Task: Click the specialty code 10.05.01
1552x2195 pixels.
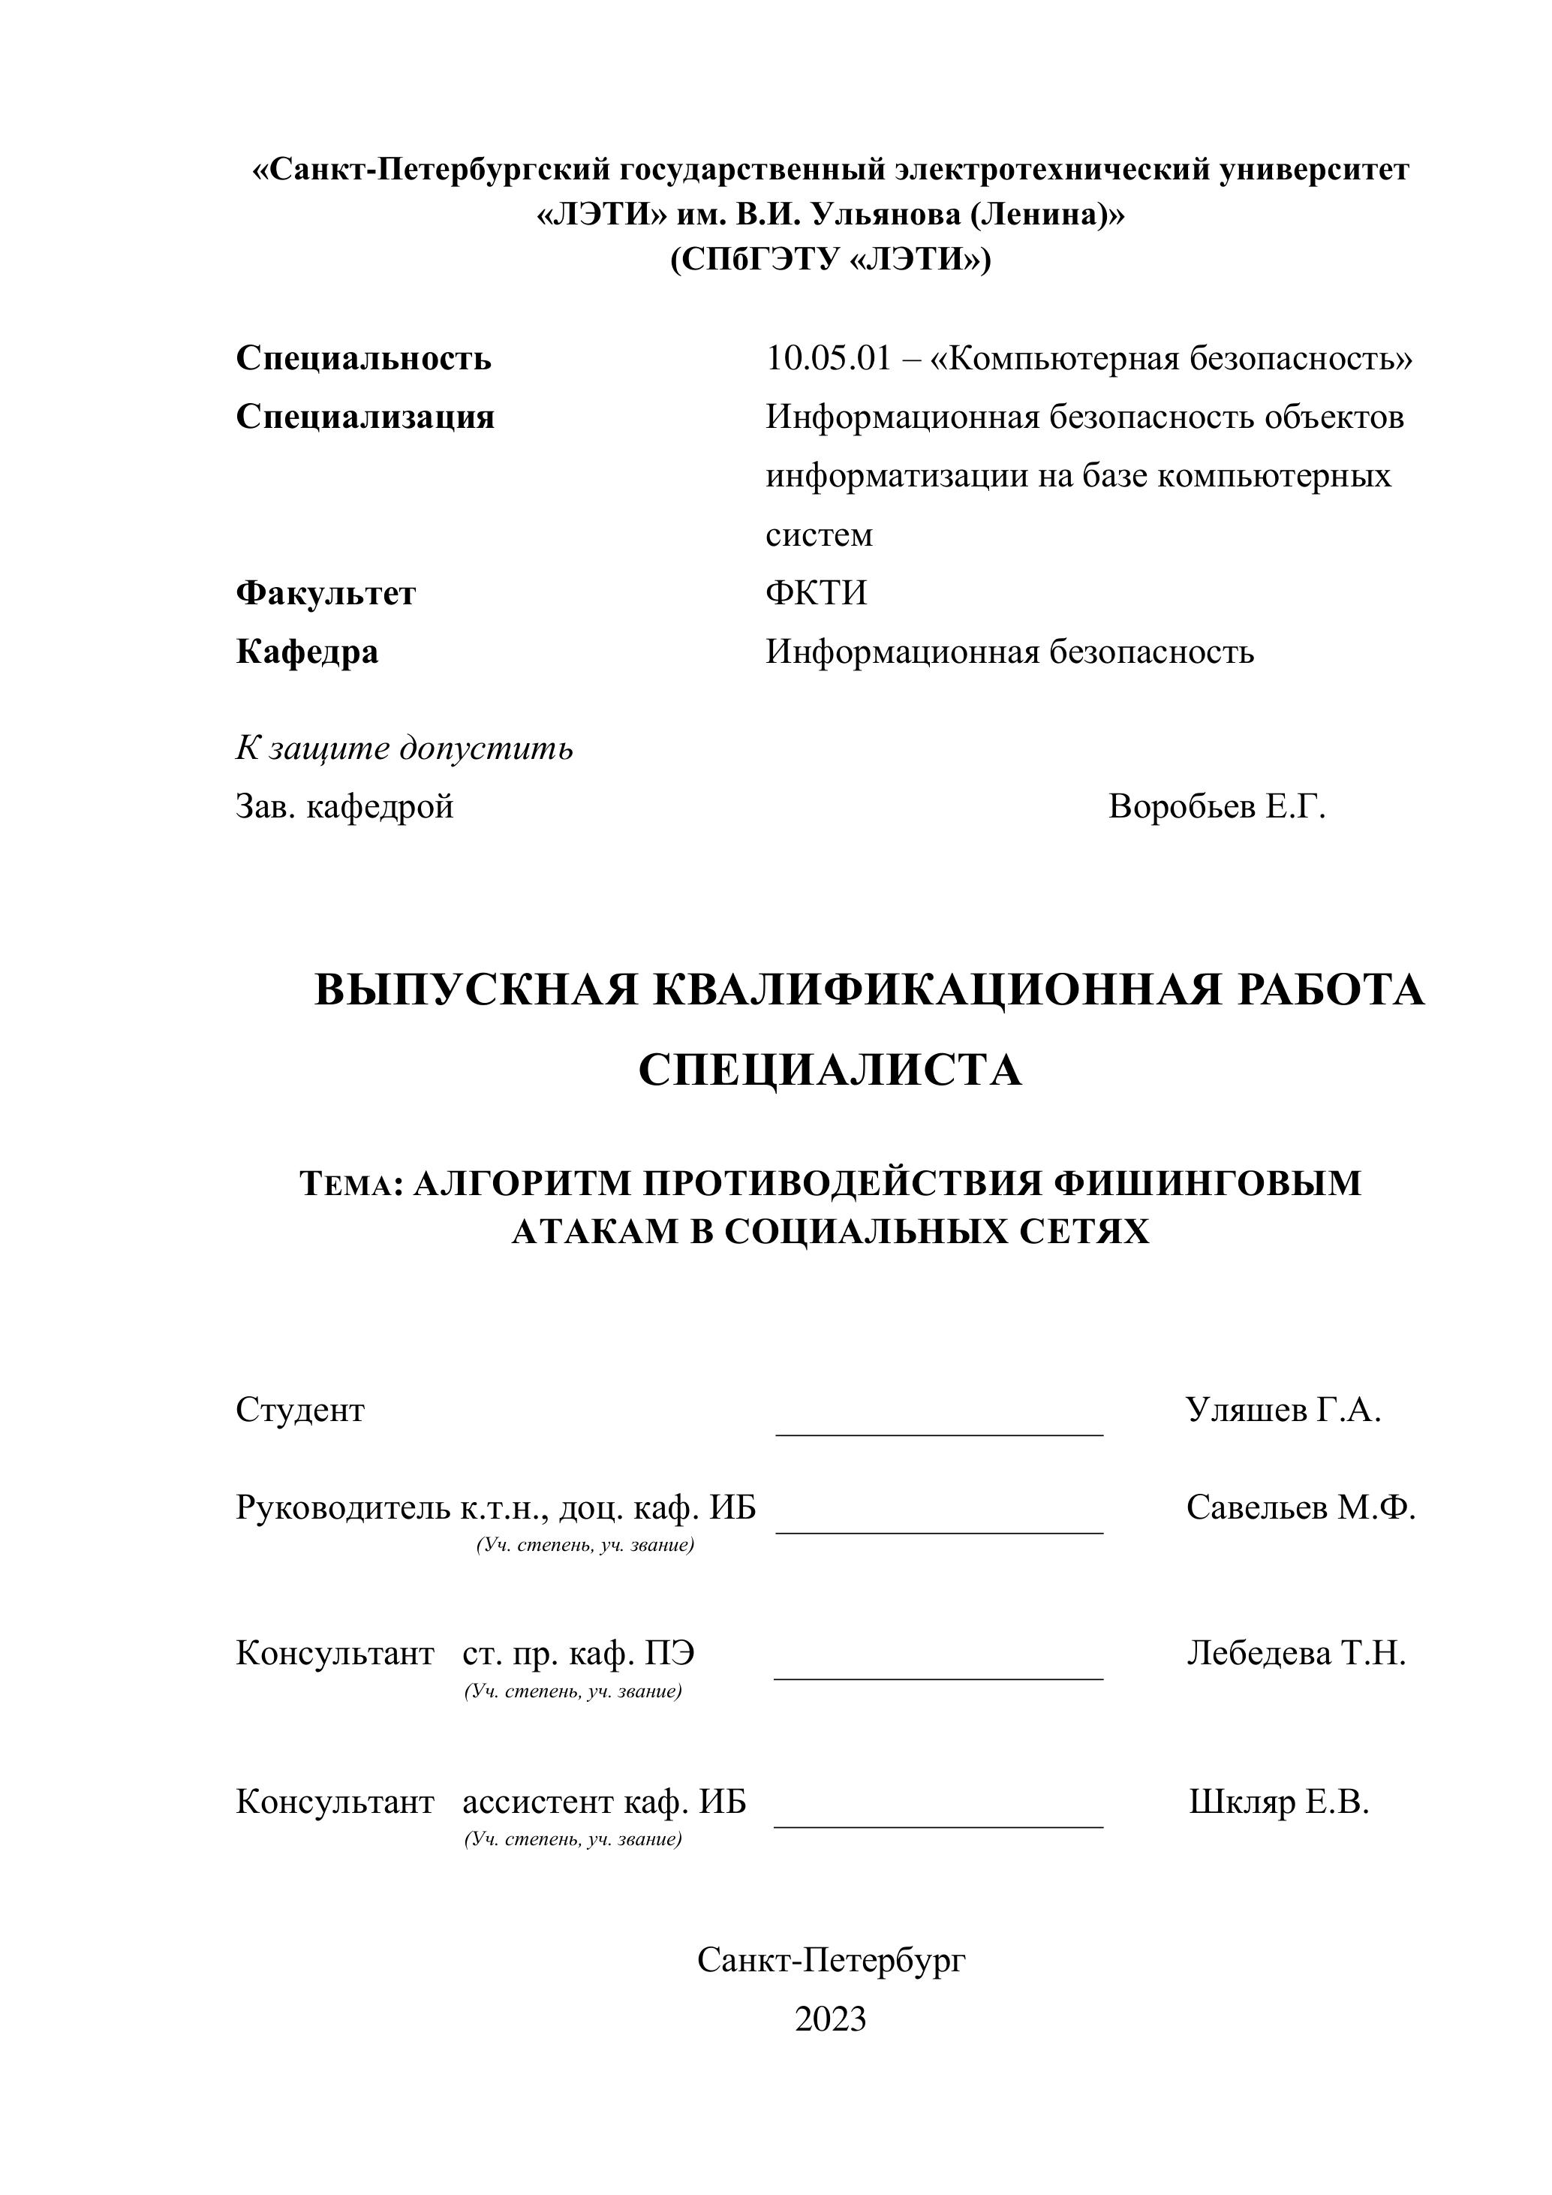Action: (x=828, y=359)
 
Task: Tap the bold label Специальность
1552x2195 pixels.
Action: (x=363, y=359)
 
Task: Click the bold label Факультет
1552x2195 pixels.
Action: (x=326, y=594)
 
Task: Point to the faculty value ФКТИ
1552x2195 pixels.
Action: (x=816, y=594)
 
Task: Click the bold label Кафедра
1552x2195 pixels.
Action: (x=307, y=652)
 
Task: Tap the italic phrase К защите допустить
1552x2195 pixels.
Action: (x=405, y=748)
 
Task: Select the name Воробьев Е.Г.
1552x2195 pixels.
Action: (x=1217, y=807)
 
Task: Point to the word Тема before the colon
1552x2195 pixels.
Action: (x=346, y=1185)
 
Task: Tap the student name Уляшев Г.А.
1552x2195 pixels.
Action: (x=1283, y=1410)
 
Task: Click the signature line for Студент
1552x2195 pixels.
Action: (x=940, y=1434)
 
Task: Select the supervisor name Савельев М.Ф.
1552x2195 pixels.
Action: (x=1301, y=1507)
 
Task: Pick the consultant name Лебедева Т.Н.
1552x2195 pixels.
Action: (x=1296, y=1653)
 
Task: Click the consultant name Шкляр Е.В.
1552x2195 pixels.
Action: (x=1279, y=1802)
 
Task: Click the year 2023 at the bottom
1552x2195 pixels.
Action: (x=831, y=2019)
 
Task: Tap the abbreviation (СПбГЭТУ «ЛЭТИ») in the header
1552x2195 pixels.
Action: (x=831, y=259)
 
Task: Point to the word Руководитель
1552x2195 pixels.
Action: (x=342, y=1507)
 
